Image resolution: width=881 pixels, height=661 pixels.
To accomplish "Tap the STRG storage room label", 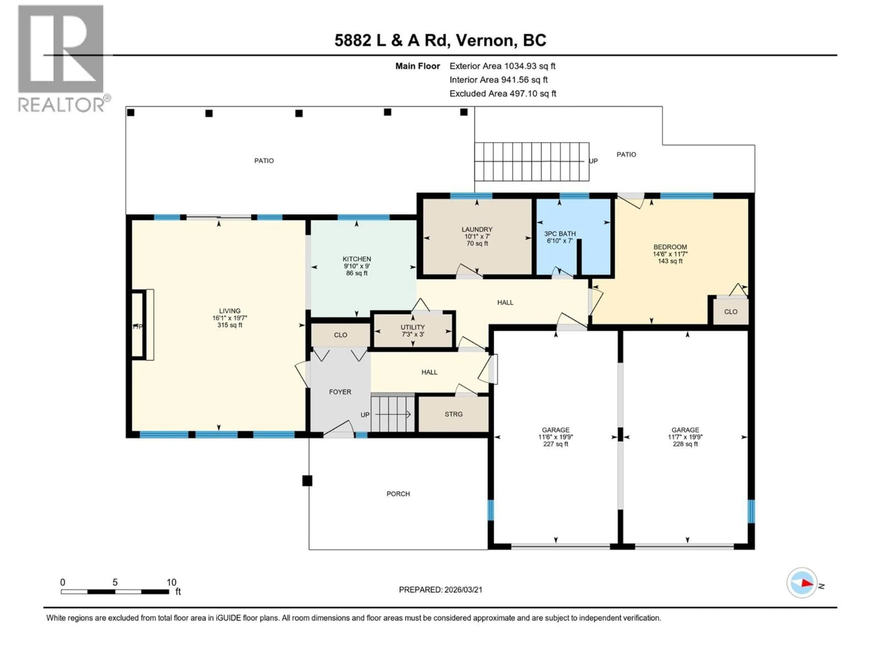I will [x=454, y=414].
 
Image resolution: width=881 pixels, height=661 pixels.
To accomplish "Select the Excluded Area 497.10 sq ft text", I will [x=503, y=94].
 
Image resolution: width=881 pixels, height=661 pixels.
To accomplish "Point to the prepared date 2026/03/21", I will [x=440, y=590].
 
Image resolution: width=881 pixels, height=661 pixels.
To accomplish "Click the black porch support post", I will [x=307, y=481].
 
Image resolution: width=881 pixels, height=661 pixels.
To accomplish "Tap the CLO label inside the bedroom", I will [x=730, y=312].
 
